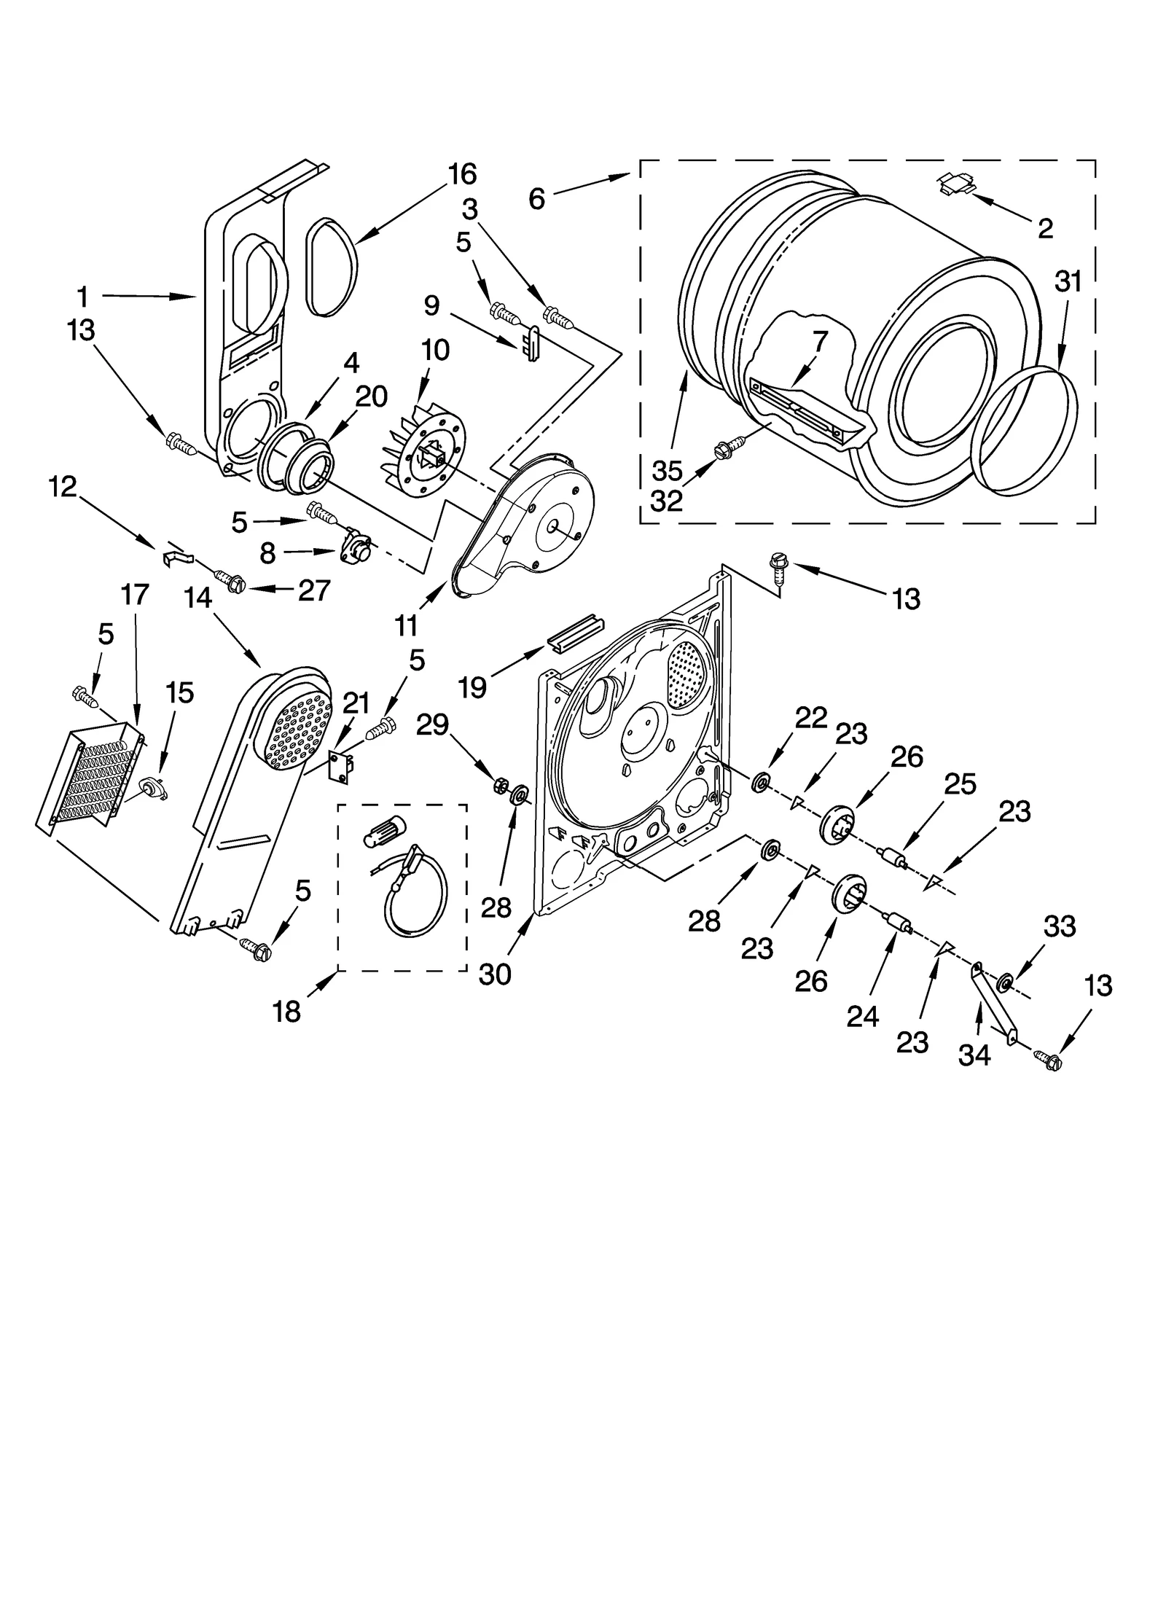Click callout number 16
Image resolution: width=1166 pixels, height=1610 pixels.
point(462,174)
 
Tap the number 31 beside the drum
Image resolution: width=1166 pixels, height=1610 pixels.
point(1068,281)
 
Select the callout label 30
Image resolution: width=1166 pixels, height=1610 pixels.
point(495,974)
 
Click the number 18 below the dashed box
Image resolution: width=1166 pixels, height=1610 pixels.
point(286,1012)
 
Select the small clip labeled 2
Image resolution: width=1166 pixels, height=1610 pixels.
point(955,183)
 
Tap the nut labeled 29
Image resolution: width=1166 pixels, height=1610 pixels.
point(500,785)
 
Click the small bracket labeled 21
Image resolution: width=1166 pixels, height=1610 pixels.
point(340,767)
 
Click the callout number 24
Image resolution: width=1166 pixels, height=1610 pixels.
point(863,1015)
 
